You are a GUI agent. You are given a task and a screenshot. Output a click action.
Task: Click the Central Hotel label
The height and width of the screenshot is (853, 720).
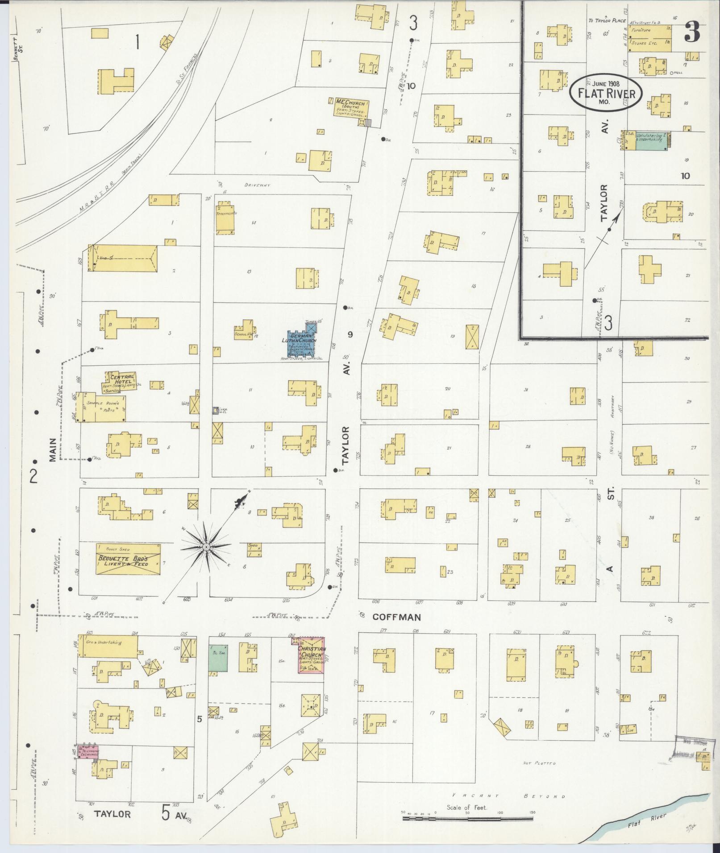[x=120, y=377]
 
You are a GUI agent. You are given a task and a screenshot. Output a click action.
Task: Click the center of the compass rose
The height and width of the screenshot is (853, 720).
[x=206, y=547]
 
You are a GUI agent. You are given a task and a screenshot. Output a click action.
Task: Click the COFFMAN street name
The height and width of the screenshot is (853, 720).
[x=397, y=617]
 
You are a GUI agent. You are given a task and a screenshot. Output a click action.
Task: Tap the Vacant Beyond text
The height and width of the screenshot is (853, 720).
[x=509, y=796]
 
